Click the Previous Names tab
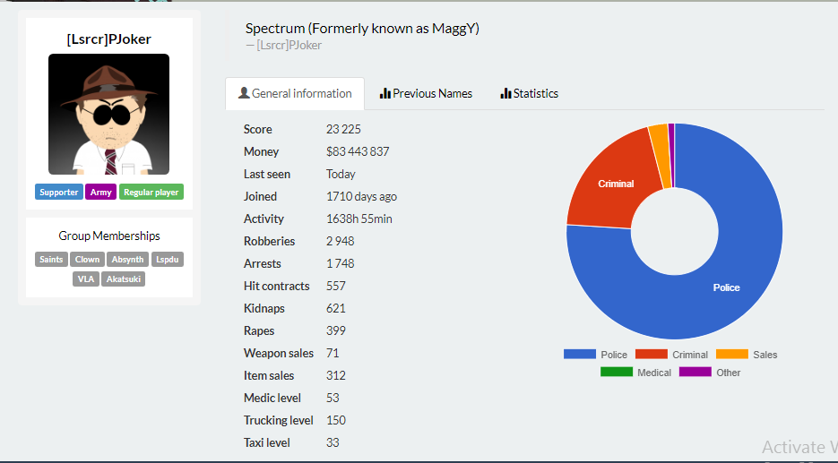[426, 93]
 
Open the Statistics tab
[529, 93]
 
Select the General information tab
[295, 93]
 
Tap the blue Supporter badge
[59, 192]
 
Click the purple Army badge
[101, 192]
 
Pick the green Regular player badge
[151, 192]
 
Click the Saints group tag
[51, 260]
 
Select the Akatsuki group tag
[123, 279]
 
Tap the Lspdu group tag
[168, 260]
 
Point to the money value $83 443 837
[358, 151]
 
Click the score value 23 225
[343, 129]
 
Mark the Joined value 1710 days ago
[362, 196]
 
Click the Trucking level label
[279, 420]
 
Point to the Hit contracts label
[276, 286]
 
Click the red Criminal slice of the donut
[615, 182]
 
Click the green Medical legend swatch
[617, 372]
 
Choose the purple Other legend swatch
[695, 372]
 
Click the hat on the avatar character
[109, 85]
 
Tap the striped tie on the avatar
[110, 162]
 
